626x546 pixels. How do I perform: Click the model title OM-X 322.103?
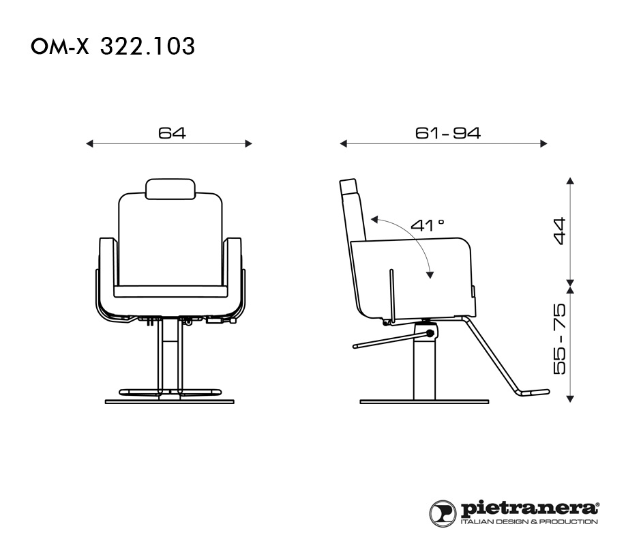[113, 46]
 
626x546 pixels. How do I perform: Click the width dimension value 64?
[172, 132]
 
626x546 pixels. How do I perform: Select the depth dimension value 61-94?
[447, 132]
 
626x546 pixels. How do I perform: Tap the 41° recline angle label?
[427, 225]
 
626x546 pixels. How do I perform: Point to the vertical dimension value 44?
[560, 231]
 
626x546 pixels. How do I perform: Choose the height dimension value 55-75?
[560, 339]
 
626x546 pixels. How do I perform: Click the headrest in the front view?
[170, 189]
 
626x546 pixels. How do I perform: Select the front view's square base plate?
[170, 401]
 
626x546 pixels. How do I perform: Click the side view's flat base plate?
[424, 401]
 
